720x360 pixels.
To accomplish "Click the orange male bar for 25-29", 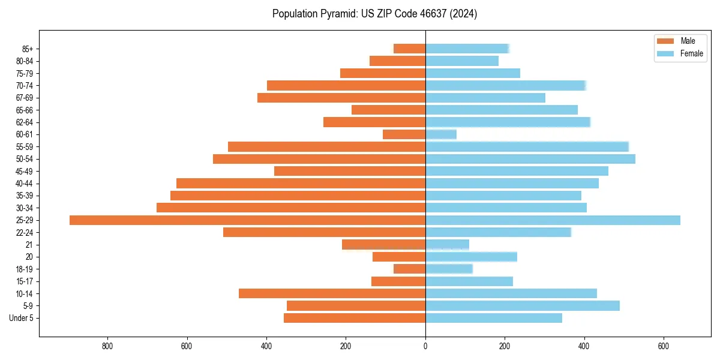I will tap(247, 220).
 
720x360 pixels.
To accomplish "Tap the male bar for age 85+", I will tap(409, 49).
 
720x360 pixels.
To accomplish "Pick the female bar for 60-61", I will tap(441, 134).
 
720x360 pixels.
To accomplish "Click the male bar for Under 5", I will tap(355, 318).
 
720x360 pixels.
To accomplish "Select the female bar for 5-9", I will tap(523, 306).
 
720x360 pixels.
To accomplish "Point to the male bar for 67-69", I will tap(341, 98).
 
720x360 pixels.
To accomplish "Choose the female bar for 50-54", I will tap(530, 159).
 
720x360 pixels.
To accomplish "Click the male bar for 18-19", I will tap(409, 269).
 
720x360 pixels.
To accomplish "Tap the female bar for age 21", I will tap(447, 245).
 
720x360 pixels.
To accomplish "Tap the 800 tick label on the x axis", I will tap(107, 346).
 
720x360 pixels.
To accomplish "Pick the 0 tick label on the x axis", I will tap(425, 346).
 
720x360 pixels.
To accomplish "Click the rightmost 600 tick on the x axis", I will tap(663, 346).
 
